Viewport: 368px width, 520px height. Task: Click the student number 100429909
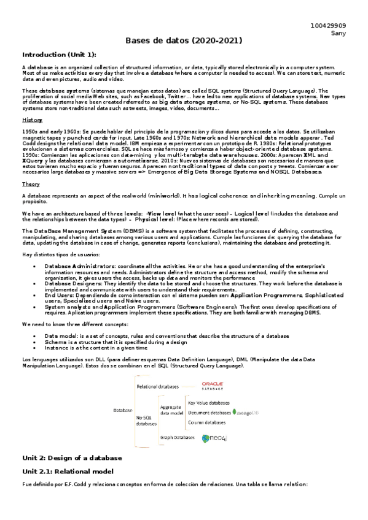click(329, 26)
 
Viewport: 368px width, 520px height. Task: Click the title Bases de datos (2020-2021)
click(184, 40)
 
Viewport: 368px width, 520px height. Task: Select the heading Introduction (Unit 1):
click(59, 54)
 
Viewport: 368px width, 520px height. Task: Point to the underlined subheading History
click(32, 120)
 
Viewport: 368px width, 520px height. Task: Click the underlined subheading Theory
click(31, 184)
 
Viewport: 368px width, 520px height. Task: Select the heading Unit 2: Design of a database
click(72, 458)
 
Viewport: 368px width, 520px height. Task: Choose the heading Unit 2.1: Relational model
click(68, 471)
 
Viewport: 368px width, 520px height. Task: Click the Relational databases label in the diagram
click(157, 387)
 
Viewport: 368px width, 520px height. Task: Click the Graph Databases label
click(177, 438)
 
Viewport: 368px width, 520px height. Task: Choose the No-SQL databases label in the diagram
click(146, 420)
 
